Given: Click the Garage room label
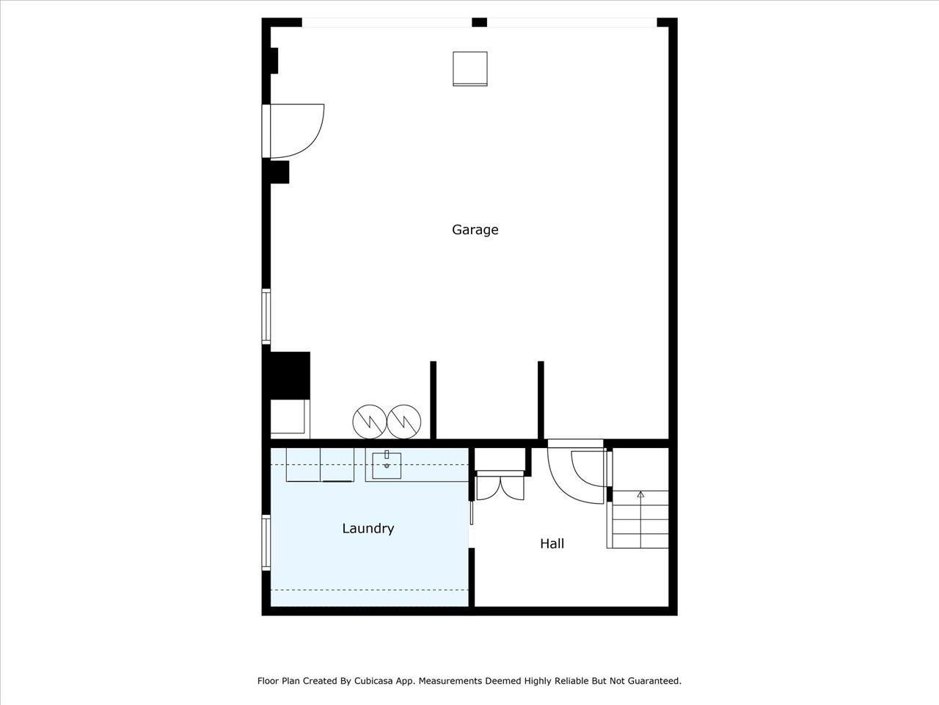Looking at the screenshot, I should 475,230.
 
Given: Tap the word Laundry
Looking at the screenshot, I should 368,529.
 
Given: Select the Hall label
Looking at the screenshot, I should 552,544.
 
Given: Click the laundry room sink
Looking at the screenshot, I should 387,465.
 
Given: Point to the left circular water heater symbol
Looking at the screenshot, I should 369,421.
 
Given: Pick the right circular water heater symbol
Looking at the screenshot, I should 404,421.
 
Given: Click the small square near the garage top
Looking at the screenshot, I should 469,68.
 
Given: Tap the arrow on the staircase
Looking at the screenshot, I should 640,495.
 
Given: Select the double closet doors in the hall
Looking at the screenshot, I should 500,488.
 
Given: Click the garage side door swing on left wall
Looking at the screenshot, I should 296,131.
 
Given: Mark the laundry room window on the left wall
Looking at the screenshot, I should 266,543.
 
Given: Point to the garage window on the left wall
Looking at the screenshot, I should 266,317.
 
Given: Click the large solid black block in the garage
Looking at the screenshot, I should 288,375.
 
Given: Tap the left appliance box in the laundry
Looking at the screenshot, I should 303,464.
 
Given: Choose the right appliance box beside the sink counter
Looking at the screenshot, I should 337,464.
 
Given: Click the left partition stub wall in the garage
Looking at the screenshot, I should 433,400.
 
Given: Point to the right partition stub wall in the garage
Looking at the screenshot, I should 541,400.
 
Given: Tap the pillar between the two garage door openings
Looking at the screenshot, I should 479,22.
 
